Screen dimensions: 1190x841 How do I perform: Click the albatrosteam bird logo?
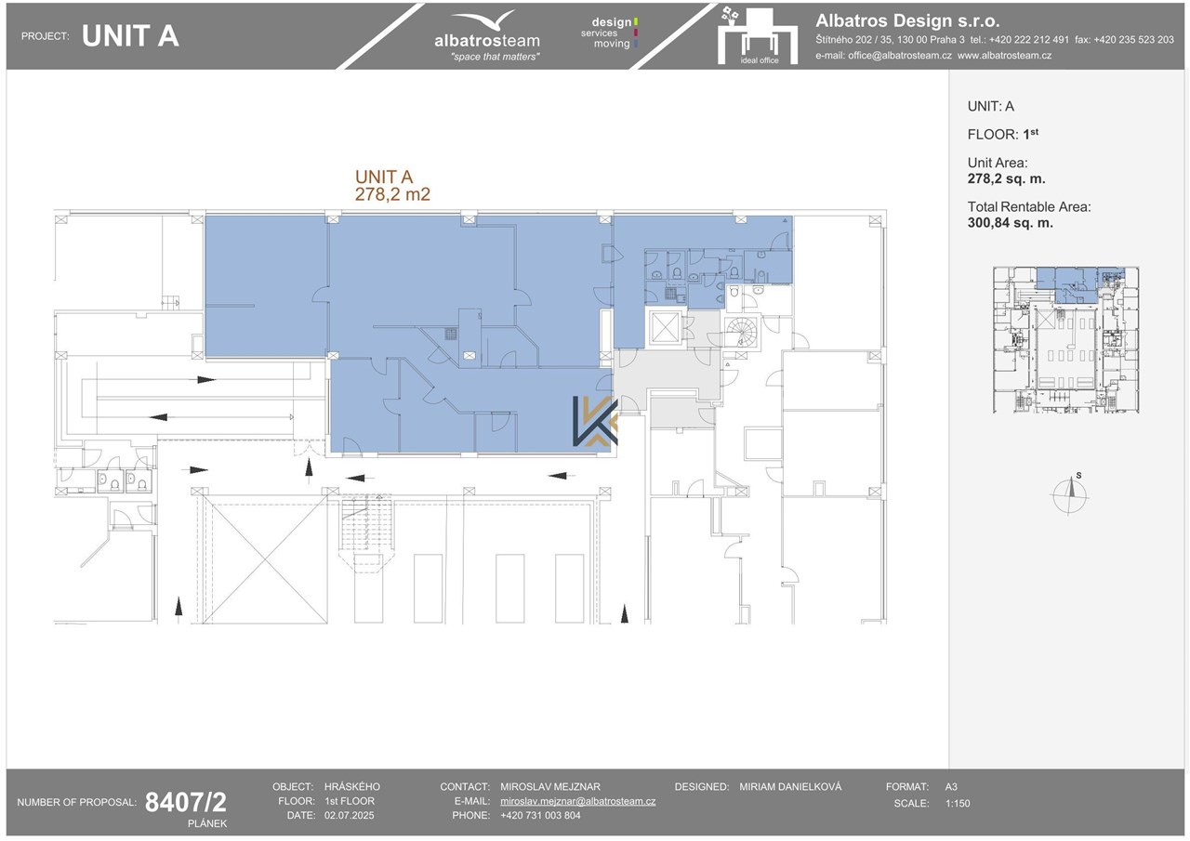coord(485,20)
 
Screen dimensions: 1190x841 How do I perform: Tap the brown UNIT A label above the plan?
coord(384,177)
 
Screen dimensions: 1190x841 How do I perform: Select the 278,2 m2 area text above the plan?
coord(392,195)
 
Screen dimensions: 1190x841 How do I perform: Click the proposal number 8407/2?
coord(185,802)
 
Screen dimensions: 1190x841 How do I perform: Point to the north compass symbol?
coord(1070,494)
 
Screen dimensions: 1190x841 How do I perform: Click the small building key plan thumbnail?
coord(1065,340)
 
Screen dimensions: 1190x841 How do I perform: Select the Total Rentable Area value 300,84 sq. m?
coord(1010,223)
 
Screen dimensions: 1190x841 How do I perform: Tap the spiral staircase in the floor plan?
coord(742,333)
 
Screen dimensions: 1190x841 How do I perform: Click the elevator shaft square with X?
coord(664,328)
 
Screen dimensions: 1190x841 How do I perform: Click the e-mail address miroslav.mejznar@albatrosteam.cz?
coord(577,801)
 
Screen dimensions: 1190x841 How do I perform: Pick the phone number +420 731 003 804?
coord(540,816)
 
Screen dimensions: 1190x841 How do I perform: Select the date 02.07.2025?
coord(349,816)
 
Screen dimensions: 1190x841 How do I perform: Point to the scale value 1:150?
coord(958,803)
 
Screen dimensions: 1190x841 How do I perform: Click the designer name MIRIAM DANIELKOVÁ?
coord(790,787)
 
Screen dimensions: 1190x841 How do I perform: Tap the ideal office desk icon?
coord(758,35)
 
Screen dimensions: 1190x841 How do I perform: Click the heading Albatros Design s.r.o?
coord(907,20)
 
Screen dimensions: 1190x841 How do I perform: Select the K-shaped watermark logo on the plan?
coord(595,421)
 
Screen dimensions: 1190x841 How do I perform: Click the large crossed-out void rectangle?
coord(265,559)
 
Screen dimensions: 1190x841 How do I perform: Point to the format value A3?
coord(951,787)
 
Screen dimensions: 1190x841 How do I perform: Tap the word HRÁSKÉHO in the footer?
coord(351,787)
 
